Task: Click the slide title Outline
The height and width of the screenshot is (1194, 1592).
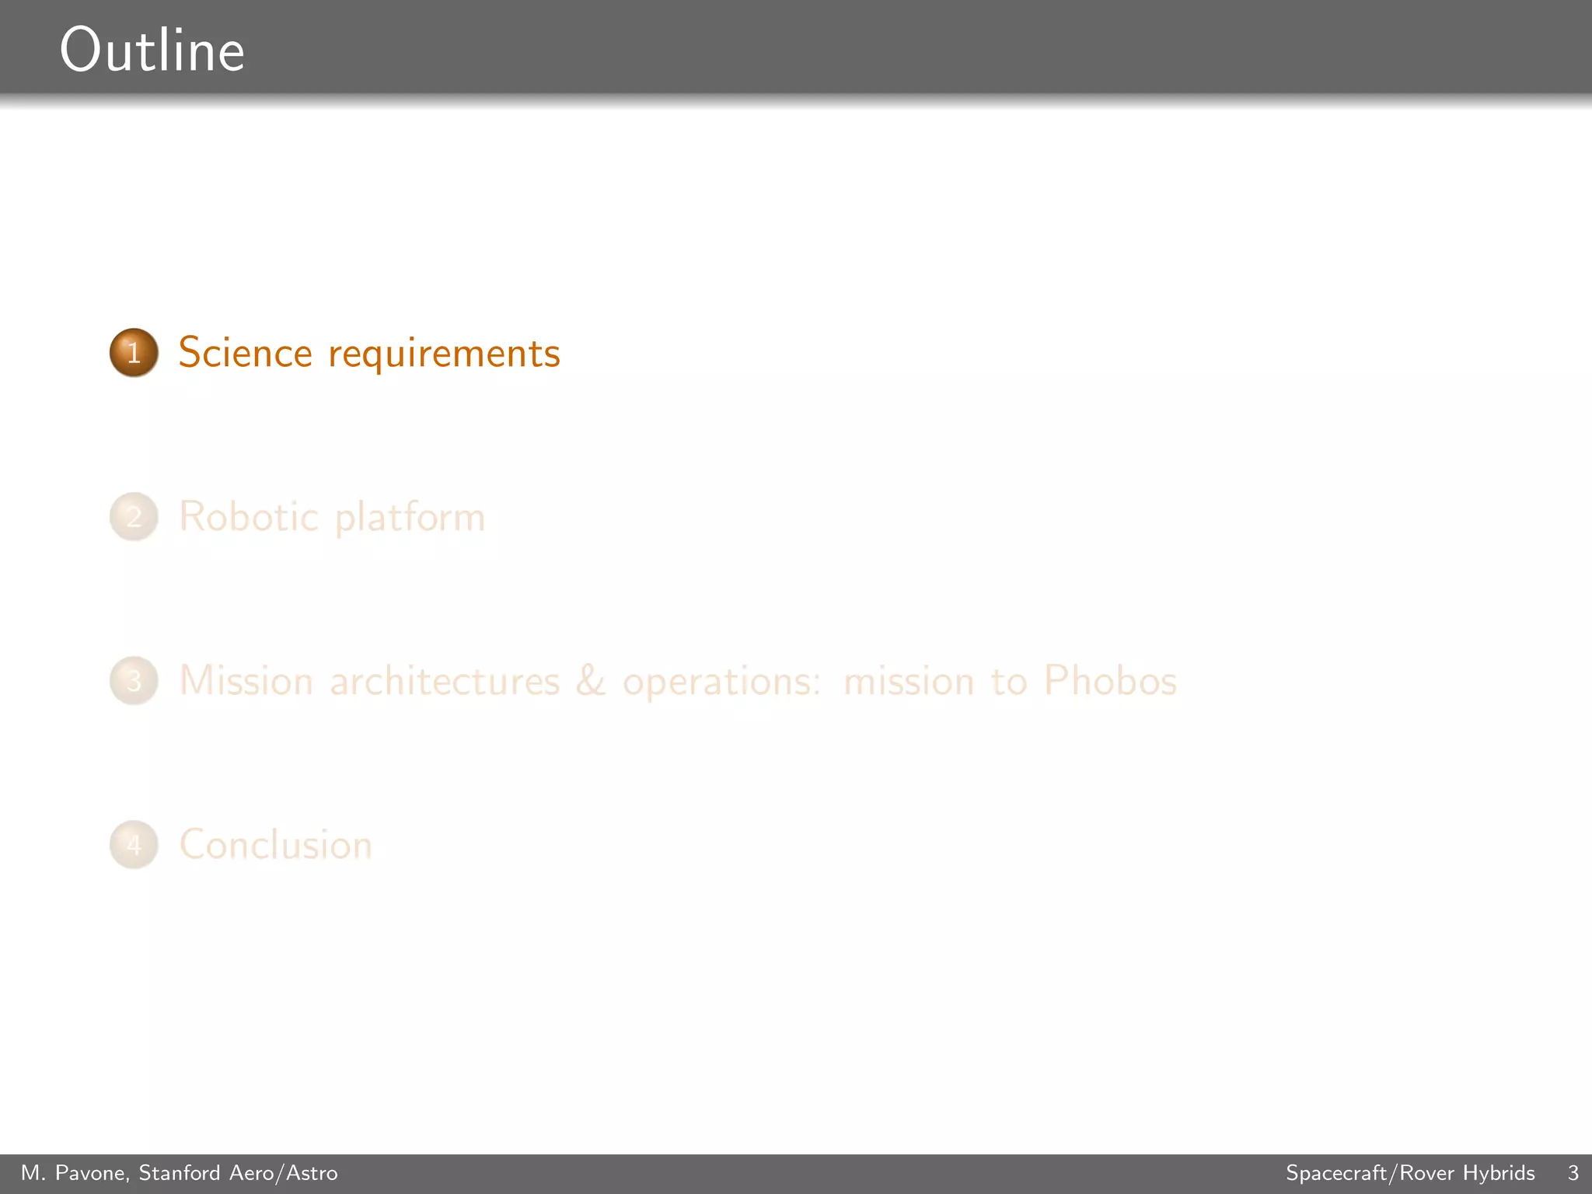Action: (x=152, y=51)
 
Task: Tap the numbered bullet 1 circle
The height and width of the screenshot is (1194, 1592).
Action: (x=134, y=353)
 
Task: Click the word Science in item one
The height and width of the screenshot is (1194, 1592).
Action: (x=246, y=353)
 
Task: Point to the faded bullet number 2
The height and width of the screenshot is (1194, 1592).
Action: (x=134, y=517)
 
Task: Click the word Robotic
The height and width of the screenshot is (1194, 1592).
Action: (x=249, y=517)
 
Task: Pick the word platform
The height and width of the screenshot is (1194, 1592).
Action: (x=410, y=518)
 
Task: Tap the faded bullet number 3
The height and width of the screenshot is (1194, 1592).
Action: (x=134, y=681)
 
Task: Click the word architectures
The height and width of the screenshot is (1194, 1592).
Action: (x=445, y=682)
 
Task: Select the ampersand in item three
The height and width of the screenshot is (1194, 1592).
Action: (x=591, y=681)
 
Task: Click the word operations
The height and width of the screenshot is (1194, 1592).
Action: (x=721, y=683)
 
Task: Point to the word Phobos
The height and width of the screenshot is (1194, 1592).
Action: (x=1110, y=681)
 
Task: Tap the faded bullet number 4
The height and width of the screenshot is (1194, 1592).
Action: (x=134, y=845)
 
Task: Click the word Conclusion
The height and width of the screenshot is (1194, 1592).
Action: (x=276, y=845)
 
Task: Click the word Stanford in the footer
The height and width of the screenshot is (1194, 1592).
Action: (x=180, y=1173)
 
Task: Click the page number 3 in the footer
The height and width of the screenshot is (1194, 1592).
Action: (x=1573, y=1173)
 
